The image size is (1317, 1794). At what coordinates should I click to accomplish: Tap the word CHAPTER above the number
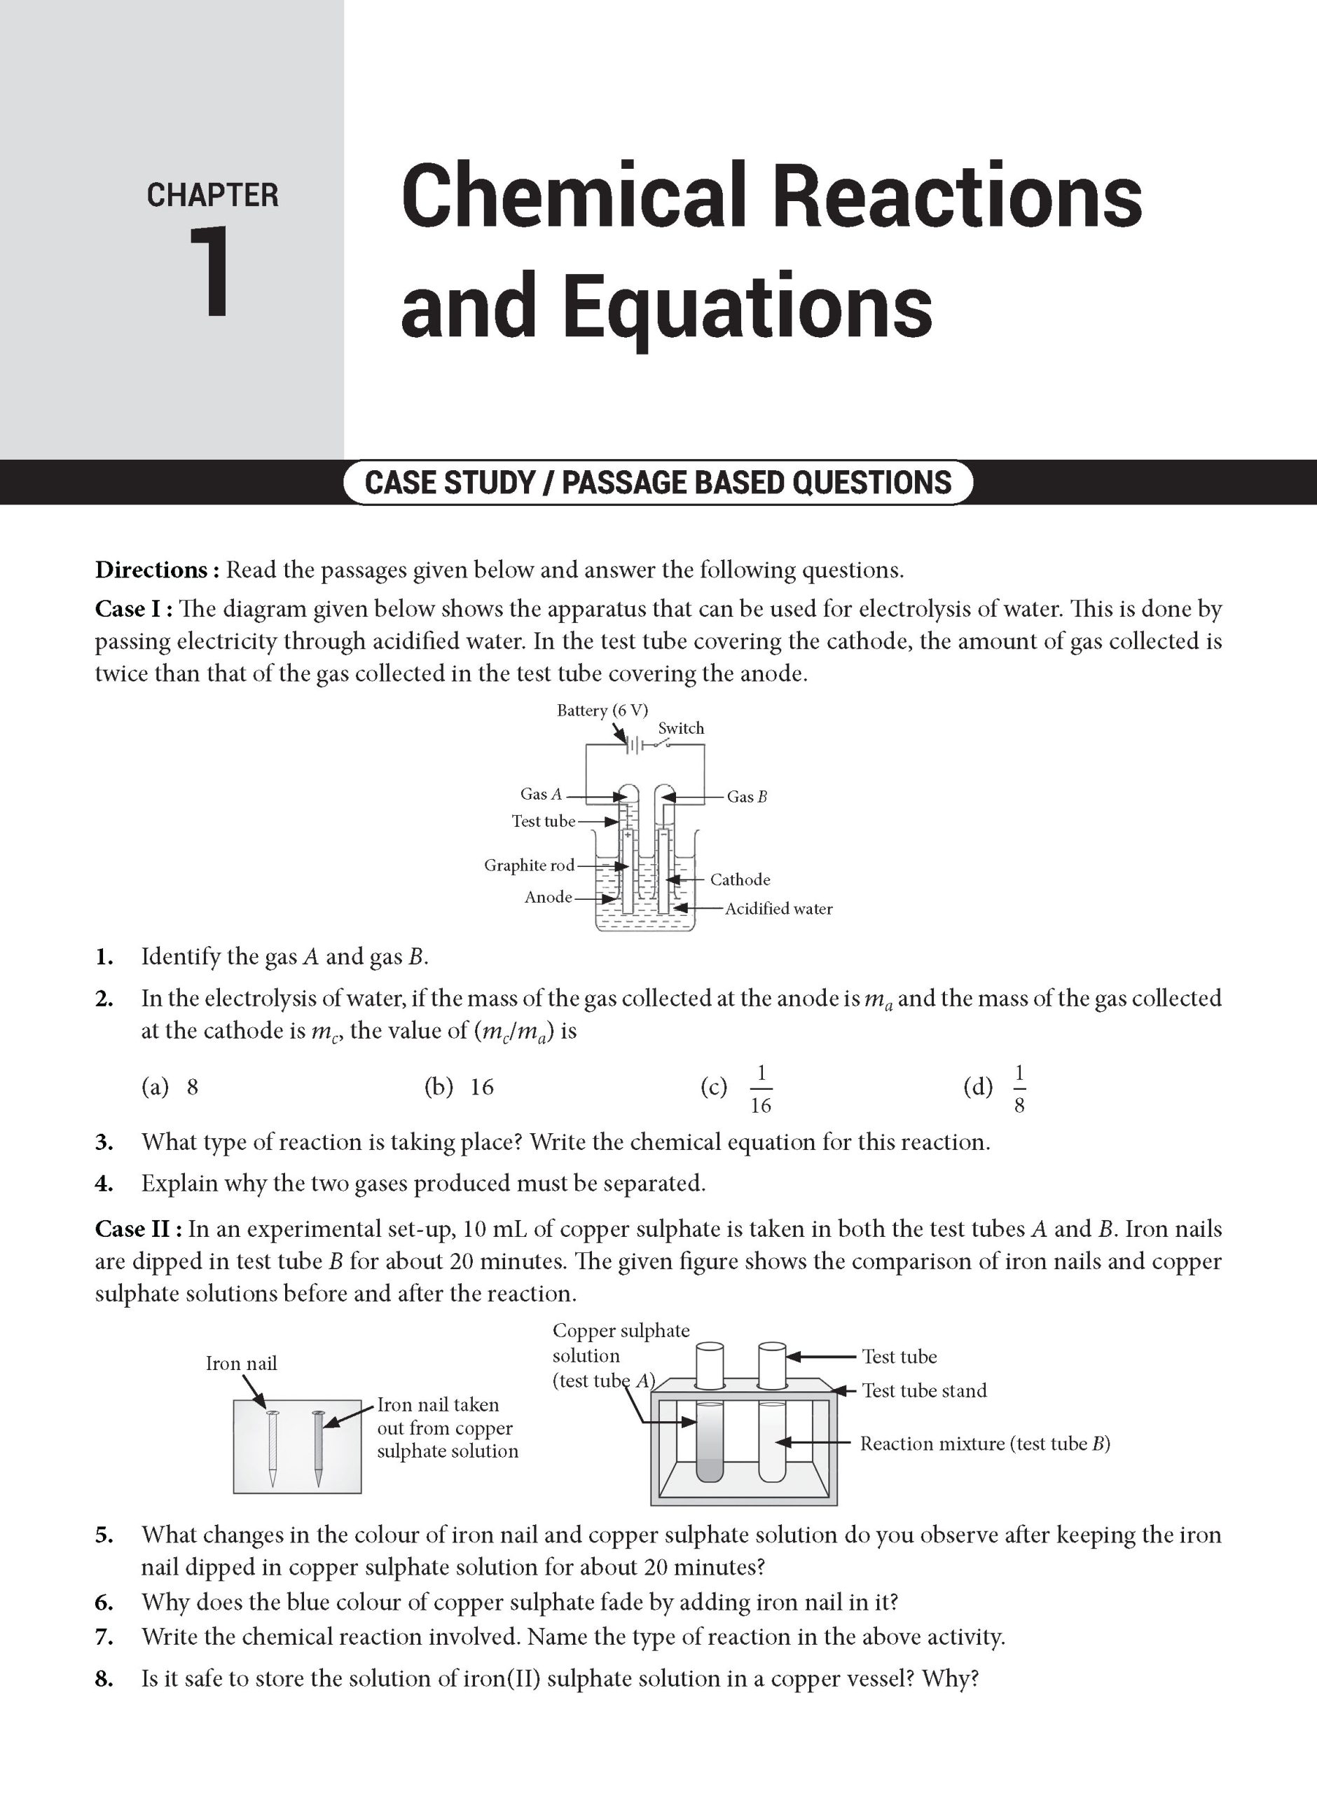click(x=212, y=196)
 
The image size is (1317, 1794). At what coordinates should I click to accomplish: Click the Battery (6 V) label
click(x=602, y=711)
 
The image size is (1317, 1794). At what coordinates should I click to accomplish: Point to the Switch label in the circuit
click(x=681, y=728)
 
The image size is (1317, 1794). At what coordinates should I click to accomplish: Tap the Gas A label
click(x=542, y=794)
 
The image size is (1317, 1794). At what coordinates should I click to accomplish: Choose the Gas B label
click(x=747, y=797)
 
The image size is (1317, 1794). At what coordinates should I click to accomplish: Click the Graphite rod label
click(x=529, y=865)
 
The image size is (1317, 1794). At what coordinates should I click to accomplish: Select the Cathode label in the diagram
click(x=740, y=879)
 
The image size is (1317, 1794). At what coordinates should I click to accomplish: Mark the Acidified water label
click(x=778, y=908)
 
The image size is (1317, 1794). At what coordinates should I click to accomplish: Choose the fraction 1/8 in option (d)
click(x=1019, y=1088)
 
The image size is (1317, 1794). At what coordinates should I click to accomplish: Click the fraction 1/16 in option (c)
click(x=761, y=1088)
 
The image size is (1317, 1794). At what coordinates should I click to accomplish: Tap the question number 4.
click(x=104, y=1183)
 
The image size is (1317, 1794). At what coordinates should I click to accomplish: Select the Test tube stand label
click(x=924, y=1390)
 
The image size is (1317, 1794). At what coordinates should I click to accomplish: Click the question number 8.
click(x=104, y=1678)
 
